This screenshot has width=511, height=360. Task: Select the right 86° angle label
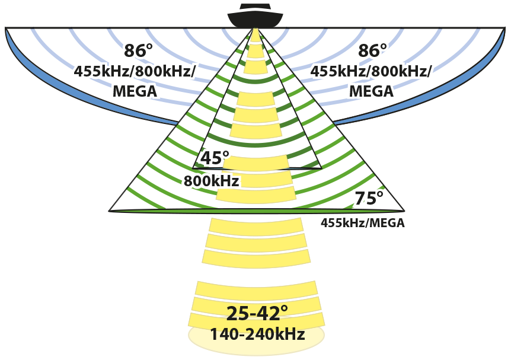click(372, 51)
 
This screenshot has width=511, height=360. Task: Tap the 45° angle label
click(215, 158)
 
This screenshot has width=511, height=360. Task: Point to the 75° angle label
click(369, 199)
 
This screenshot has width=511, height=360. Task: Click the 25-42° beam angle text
click(257, 313)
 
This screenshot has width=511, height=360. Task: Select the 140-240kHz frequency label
click(257, 334)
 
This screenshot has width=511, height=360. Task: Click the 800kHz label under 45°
click(211, 181)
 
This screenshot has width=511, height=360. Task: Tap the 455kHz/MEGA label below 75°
click(363, 224)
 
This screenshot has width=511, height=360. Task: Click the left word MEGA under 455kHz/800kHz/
click(135, 91)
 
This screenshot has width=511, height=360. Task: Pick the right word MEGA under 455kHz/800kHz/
click(371, 91)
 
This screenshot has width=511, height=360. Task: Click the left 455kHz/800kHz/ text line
click(135, 71)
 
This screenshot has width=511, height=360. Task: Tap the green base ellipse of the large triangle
click(256, 211)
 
